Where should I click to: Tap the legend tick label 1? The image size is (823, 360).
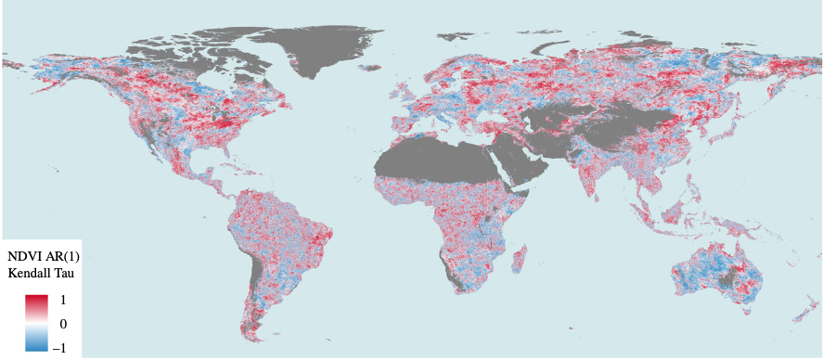click(x=63, y=301)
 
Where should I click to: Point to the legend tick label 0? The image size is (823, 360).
click(x=63, y=324)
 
